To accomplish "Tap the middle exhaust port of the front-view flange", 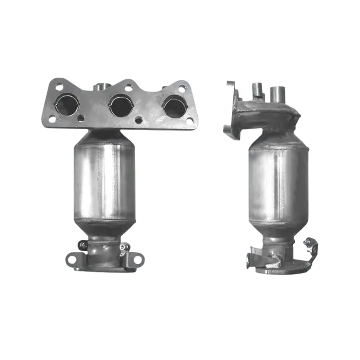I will tap(120, 105).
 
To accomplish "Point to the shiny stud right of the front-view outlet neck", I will tap(122, 248).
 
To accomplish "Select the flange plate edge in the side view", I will tap(228, 109).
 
